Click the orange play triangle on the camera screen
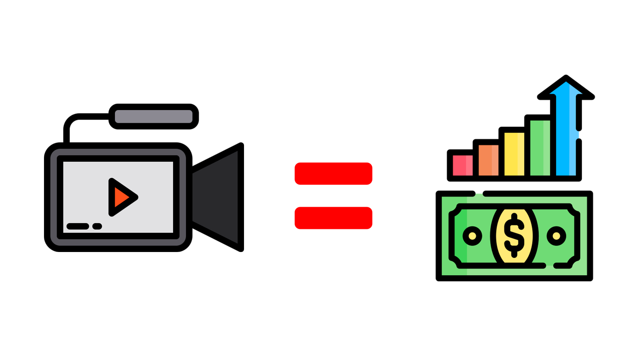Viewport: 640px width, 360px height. (x=121, y=197)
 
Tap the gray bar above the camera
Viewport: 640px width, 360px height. (x=154, y=116)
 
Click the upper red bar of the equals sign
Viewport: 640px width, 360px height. (x=333, y=174)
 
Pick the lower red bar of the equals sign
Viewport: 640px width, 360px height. (x=333, y=218)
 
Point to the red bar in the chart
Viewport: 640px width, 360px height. (x=462, y=165)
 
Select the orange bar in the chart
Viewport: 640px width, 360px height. (x=488, y=160)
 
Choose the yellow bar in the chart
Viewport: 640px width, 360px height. (x=514, y=154)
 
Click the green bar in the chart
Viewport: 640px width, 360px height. (x=540, y=148)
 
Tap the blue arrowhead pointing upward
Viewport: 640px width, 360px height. (x=566, y=88)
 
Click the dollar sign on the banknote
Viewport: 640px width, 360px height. (x=514, y=235)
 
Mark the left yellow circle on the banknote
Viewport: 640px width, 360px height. (x=472, y=235)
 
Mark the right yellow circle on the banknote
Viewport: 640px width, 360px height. (x=556, y=235)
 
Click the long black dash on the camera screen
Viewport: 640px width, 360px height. (x=78, y=226)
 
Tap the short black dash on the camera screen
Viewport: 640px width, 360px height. (x=97, y=226)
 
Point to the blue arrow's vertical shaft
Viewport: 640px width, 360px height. (x=566, y=136)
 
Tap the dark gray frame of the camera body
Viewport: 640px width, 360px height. (x=54, y=197)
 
